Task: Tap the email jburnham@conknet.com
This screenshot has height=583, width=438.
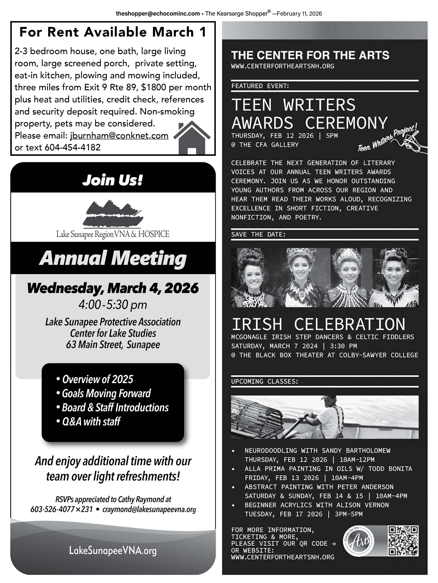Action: tap(119, 135)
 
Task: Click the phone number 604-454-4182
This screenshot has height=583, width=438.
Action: tap(73, 147)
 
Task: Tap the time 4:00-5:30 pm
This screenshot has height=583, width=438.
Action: tap(113, 305)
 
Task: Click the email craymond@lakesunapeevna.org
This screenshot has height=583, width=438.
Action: tap(149, 509)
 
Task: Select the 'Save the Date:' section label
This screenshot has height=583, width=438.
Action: tap(258, 234)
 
